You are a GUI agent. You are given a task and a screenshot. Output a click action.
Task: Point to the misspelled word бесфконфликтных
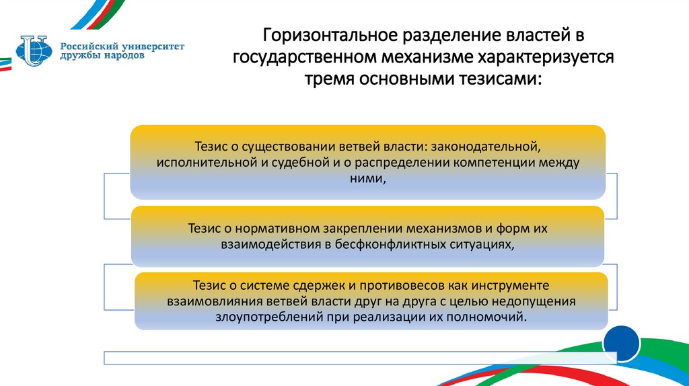[393, 245]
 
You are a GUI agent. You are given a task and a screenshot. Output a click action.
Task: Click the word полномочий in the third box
[489, 317]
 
